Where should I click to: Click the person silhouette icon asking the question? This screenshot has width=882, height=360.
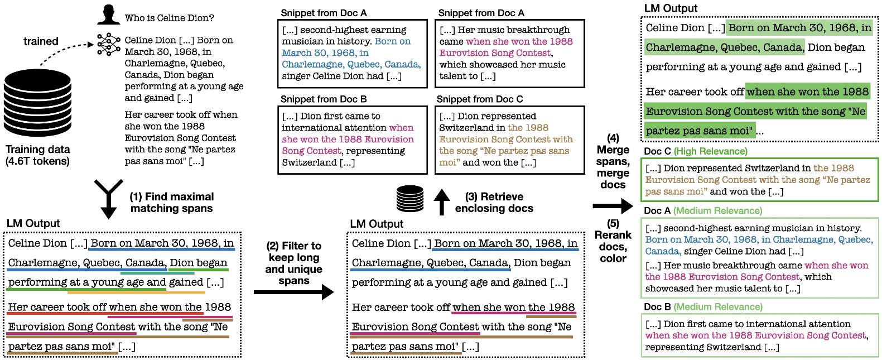[108, 15]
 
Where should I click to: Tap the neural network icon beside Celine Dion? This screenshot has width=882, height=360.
[108, 44]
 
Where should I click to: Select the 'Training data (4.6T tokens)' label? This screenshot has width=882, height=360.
[37, 155]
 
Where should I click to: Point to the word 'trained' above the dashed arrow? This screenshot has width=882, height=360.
[41, 41]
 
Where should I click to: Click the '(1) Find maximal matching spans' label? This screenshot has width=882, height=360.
[171, 202]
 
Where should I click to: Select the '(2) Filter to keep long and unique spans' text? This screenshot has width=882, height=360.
[294, 263]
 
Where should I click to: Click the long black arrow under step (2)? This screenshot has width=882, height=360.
[293, 292]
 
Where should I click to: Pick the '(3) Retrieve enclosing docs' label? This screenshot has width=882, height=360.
[494, 202]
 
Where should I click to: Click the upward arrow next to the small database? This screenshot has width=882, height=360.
[441, 201]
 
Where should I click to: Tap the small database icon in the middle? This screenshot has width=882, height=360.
[410, 199]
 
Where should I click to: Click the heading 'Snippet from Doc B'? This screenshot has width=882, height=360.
[324, 99]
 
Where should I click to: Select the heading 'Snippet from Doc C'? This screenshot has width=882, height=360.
[480, 99]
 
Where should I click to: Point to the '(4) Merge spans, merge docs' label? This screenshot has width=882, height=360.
[613, 161]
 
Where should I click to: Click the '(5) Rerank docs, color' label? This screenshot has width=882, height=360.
[613, 241]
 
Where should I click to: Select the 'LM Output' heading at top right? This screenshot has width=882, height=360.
[671, 8]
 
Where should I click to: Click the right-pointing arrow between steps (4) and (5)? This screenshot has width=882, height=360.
[613, 207]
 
